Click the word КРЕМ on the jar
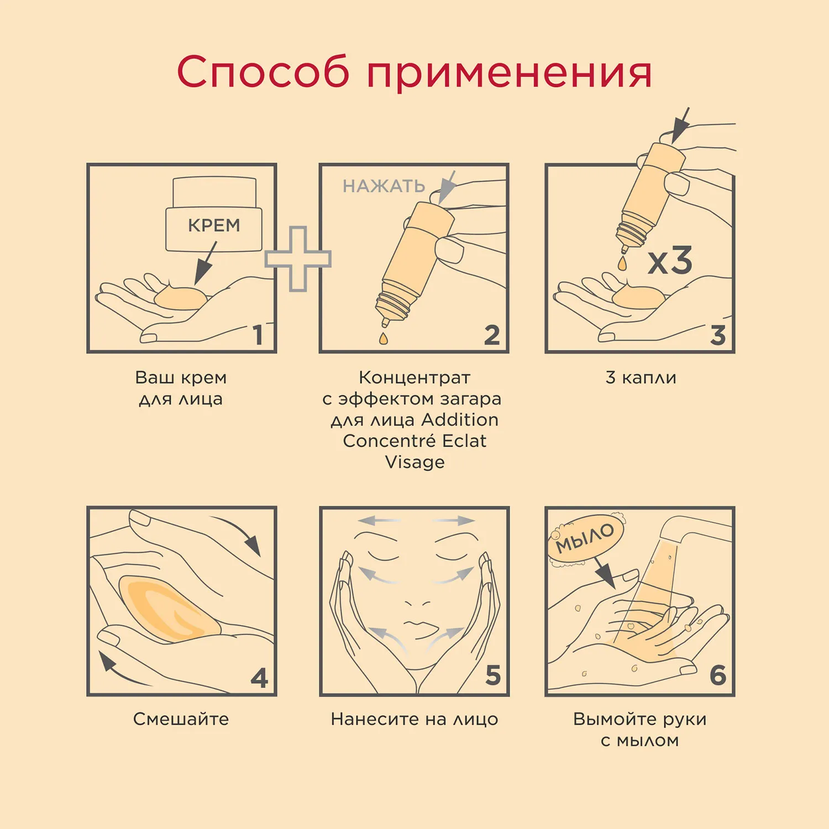tap(214, 225)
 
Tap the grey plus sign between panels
tap(298, 259)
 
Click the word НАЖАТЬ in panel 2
tap(384, 186)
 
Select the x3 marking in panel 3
tap(670, 261)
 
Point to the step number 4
tap(259, 678)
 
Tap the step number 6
tap(717, 675)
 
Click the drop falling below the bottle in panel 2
tap(384, 338)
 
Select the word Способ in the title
tap(263, 72)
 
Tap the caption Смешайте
tap(181, 719)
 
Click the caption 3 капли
tap(641, 378)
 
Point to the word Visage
tap(414, 462)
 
